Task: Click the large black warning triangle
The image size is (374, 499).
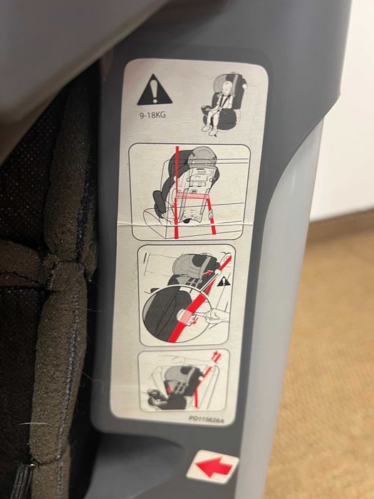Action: [x=155, y=91]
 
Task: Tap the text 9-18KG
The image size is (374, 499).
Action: [x=152, y=115]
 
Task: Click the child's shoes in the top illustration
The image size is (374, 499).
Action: [x=209, y=130]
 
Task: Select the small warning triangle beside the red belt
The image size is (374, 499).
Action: [x=224, y=282]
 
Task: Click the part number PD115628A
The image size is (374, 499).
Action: [x=207, y=420]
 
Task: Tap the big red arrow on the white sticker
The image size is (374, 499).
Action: [x=214, y=467]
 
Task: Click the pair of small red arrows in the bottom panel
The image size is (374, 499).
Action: [x=217, y=357]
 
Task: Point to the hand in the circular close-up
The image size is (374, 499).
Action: [x=217, y=317]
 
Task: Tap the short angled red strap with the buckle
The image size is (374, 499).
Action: [x=211, y=215]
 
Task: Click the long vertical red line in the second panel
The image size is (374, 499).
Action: [x=177, y=192]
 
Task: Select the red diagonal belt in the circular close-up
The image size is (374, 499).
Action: [x=198, y=305]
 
